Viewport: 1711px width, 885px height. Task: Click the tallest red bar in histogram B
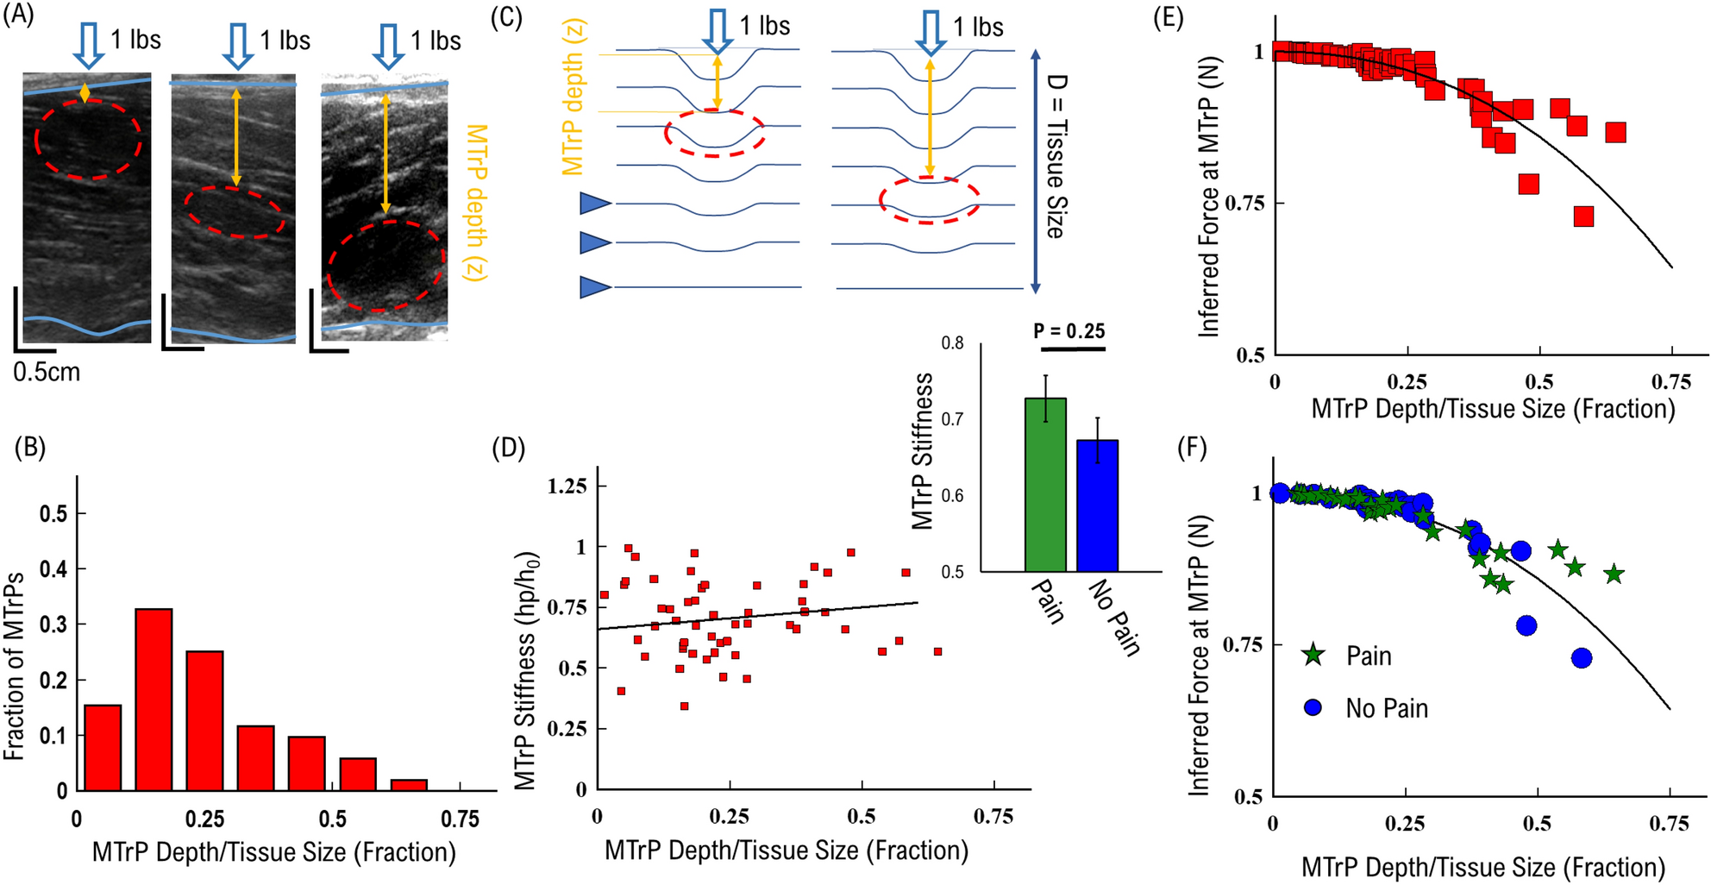(x=154, y=699)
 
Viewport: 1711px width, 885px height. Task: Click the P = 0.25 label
(x=1069, y=331)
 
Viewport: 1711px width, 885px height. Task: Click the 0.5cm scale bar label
(x=47, y=373)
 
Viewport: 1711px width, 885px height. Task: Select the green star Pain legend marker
(x=1313, y=656)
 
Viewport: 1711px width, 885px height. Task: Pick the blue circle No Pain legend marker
(x=1313, y=708)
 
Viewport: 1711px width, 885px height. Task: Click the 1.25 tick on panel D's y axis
(x=567, y=486)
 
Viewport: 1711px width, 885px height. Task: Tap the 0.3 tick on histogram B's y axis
(x=55, y=625)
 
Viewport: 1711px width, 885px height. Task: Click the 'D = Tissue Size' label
(x=1056, y=156)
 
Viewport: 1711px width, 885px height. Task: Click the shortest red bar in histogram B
(x=409, y=785)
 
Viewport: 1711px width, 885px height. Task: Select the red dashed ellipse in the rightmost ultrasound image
(x=385, y=266)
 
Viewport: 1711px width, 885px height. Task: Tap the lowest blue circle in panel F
(x=1581, y=658)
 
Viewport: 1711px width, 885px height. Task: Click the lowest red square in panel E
(x=1583, y=217)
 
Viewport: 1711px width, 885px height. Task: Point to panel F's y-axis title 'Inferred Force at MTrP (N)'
(x=1200, y=656)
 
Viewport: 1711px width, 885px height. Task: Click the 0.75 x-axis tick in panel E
(x=1670, y=381)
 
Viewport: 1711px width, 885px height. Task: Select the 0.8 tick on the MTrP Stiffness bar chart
(x=952, y=343)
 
